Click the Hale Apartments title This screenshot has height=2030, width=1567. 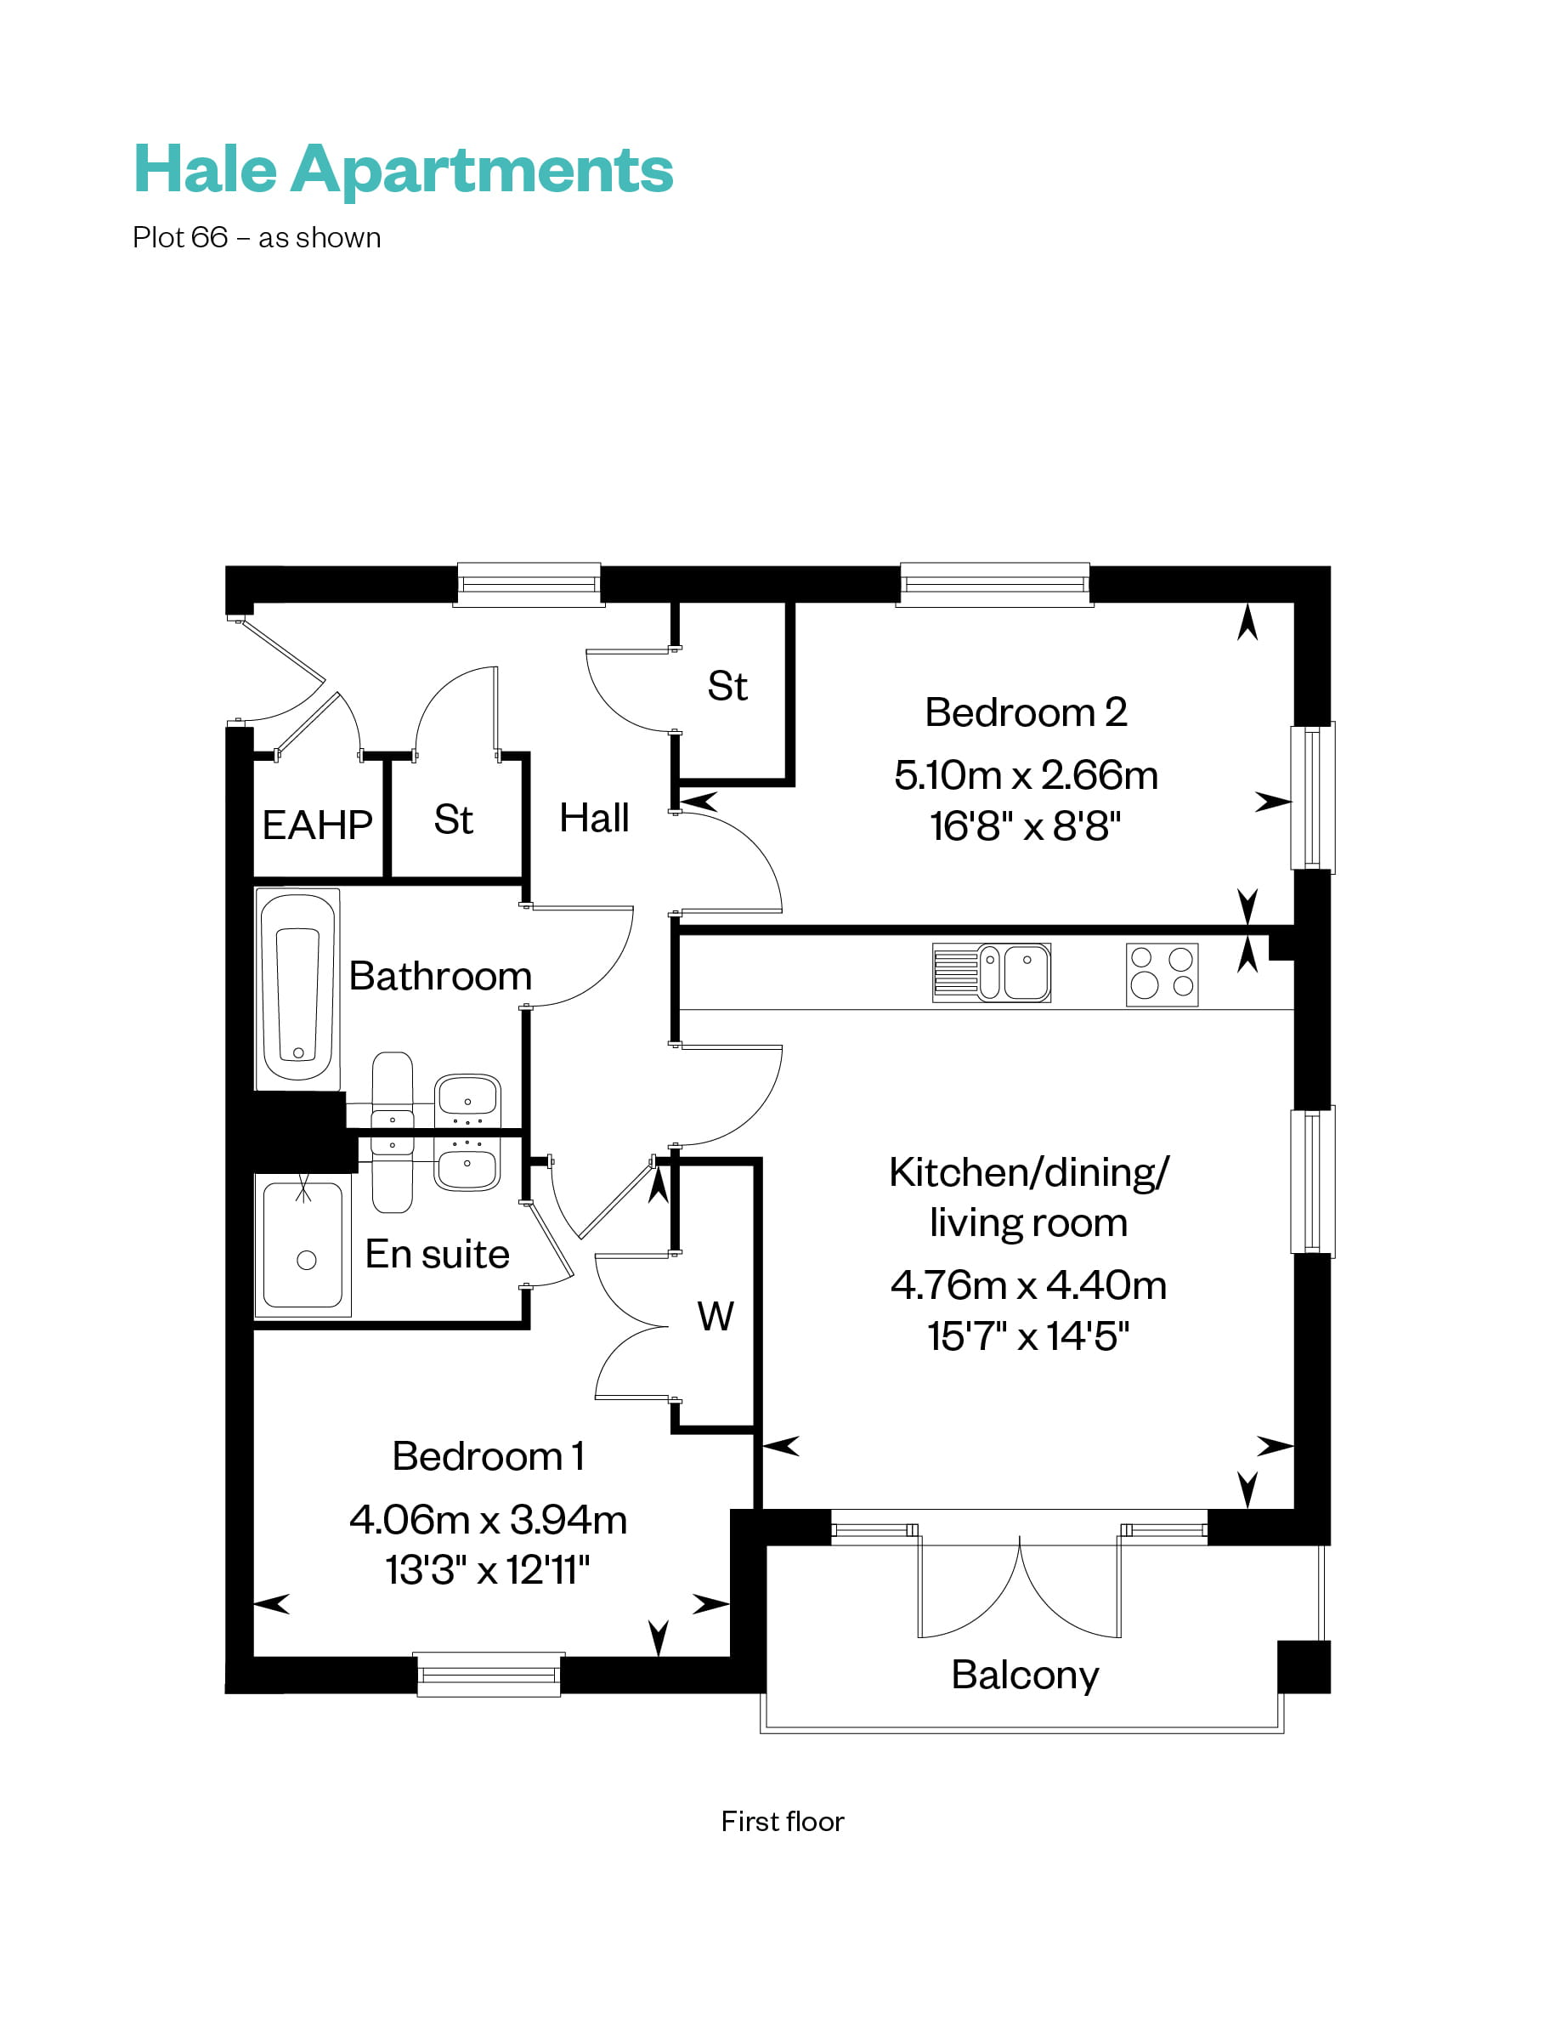click(x=403, y=169)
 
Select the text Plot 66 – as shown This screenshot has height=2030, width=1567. click(x=257, y=238)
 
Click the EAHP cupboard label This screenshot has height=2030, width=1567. click(x=317, y=825)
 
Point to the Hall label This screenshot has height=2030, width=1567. click(x=594, y=818)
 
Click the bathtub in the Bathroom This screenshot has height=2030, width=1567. click(x=297, y=989)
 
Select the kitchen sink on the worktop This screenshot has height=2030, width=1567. click(x=992, y=973)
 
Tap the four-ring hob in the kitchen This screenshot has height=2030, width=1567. click(x=1161, y=974)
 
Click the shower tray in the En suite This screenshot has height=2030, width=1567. click(x=303, y=1245)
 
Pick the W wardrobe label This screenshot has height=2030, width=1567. click(x=715, y=1316)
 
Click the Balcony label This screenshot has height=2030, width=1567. click(x=1024, y=1674)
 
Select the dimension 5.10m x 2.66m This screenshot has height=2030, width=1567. click(x=1025, y=775)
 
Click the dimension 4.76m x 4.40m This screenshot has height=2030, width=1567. click(x=1028, y=1284)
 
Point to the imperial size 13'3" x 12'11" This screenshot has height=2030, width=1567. click(x=487, y=1570)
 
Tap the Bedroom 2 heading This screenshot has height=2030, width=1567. click(x=1025, y=713)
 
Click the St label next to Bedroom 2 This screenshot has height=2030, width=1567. click(x=727, y=686)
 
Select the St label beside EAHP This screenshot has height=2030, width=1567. click(x=454, y=819)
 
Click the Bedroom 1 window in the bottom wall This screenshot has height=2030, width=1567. click(x=488, y=1674)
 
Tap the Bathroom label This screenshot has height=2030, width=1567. click(x=439, y=976)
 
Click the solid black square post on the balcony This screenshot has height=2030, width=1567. click(x=1303, y=1666)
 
